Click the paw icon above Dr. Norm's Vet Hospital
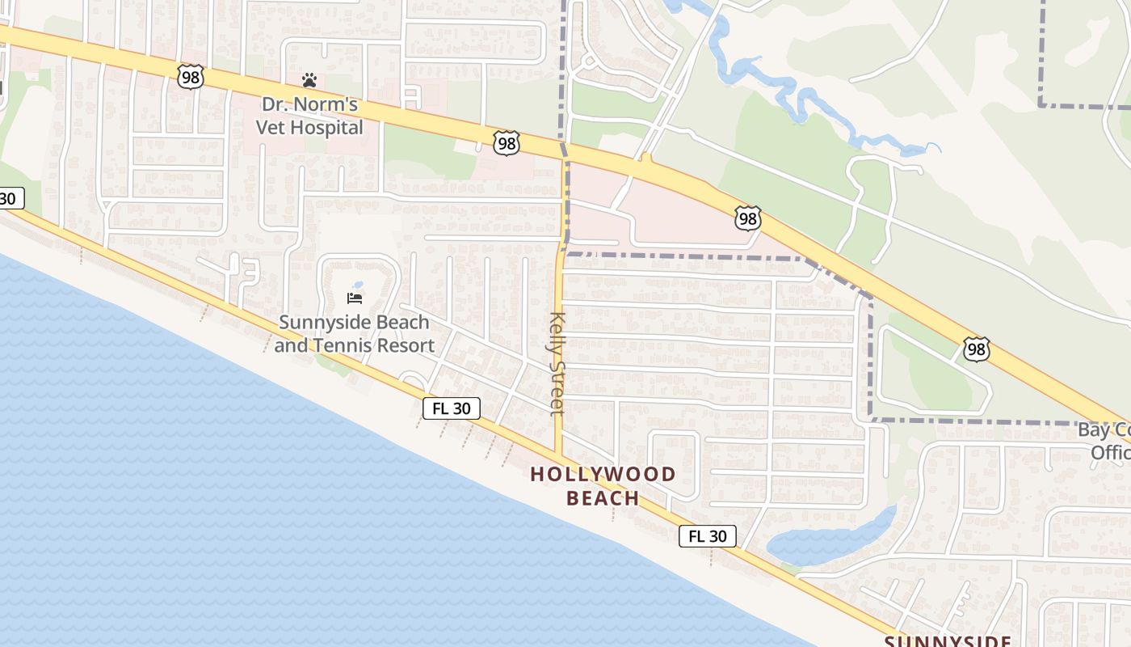click(x=309, y=80)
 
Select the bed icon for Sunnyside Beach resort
click(x=354, y=298)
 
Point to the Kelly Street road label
click(x=557, y=363)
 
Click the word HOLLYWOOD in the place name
click(x=603, y=475)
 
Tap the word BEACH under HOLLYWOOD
click(x=603, y=498)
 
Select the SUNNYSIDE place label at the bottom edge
click(x=947, y=641)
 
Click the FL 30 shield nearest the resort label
click(x=452, y=408)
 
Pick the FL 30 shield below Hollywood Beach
click(x=707, y=535)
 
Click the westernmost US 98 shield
click(x=190, y=78)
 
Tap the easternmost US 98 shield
click(x=976, y=349)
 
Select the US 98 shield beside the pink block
click(x=747, y=218)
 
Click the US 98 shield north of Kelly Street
click(x=506, y=144)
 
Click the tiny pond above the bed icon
click(x=359, y=285)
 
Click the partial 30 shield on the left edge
click(x=10, y=198)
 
